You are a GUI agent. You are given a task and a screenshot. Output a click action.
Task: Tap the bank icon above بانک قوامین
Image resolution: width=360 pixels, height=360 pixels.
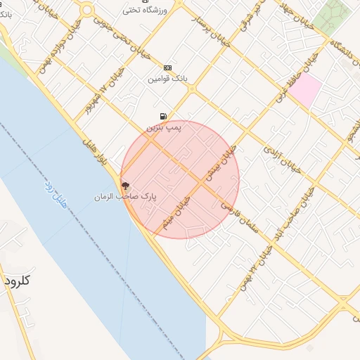[x=167, y=67]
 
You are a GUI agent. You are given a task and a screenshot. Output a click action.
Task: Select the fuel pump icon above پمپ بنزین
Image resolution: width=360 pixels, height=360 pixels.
[x=164, y=117]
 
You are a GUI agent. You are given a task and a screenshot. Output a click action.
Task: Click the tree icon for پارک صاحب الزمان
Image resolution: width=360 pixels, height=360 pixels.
[x=125, y=186]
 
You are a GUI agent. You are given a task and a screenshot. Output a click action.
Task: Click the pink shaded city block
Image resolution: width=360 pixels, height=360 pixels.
[x=305, y=91]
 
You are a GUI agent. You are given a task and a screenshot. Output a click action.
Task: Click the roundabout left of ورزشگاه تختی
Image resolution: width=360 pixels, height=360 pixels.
[x=86, y=10]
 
